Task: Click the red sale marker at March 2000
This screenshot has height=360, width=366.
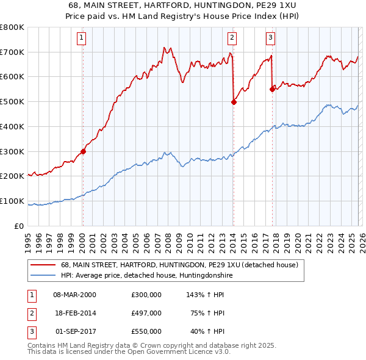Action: (83, 152)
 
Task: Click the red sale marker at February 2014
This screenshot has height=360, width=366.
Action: (234, 103)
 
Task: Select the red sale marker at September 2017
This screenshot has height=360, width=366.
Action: (272, 89)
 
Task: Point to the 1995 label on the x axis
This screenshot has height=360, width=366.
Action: (28, 237)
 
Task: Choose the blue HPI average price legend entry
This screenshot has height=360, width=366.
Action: (146, 276)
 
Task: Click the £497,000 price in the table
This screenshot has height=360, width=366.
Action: (146, 313)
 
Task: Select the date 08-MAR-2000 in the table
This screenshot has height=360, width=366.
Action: (74, 295)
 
